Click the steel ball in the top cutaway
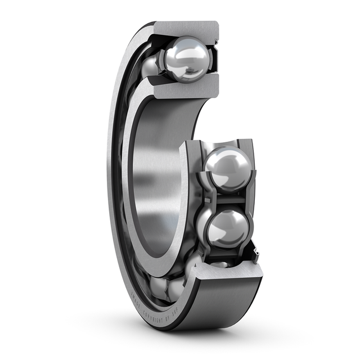tap(186, 59)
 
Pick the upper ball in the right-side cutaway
tap(228, 168)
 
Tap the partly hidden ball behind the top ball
tap(150, 65)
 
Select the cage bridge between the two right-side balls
tap(225, 198)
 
